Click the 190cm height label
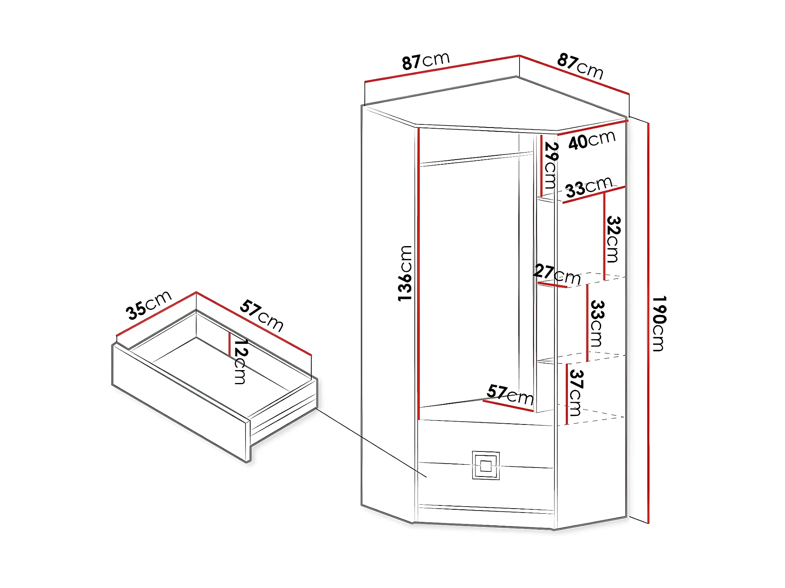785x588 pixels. point(659,324)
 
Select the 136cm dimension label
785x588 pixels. point(405,273)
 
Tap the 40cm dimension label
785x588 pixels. point(592,140)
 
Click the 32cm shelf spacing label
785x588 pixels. point(613,239)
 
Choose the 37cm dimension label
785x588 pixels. point(576,392)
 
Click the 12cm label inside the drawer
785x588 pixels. point(240,361)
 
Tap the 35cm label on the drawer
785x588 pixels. point(148,305)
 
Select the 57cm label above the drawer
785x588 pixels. point(262,315)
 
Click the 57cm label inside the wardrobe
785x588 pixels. point(510,395)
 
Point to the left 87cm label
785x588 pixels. point(426,61)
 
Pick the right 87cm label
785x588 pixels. point(580,66)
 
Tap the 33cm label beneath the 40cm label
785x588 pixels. point(588,187)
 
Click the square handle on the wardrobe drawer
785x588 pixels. point(485,466)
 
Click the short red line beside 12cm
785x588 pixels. point(229,344)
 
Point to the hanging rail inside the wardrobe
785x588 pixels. point(476,159)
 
